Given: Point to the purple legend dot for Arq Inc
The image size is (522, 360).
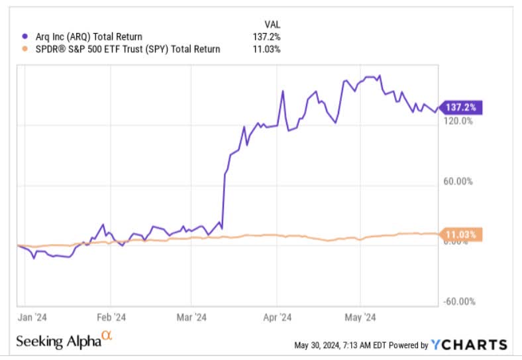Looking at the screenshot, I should (25, 37).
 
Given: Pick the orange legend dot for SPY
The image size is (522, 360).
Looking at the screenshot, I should (25, 48).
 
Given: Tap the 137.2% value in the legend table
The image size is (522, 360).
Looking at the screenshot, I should (266, 37).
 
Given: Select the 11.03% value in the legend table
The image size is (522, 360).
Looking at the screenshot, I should (266, 48).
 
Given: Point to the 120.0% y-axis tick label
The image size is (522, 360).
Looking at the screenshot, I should (458, 121).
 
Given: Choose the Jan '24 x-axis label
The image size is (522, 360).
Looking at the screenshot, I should (32, 316).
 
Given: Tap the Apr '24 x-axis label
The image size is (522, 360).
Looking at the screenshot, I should (278, 316).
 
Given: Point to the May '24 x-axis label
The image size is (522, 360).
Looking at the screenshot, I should (360, 316).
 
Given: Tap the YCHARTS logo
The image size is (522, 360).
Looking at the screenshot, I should (469, 345).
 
